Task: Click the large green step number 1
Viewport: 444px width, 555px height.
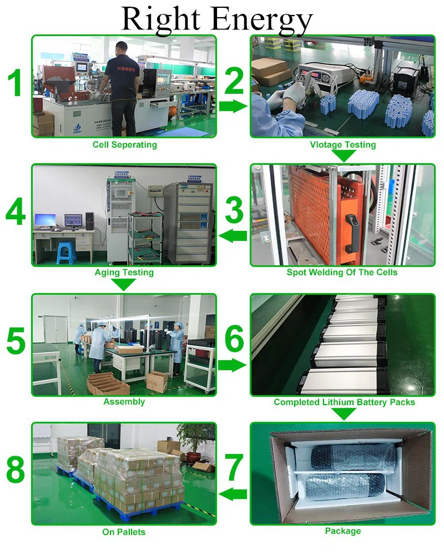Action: click(15, 84)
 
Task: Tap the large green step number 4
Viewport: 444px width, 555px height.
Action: click(16, 213)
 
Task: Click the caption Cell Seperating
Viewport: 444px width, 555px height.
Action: click(124, 145)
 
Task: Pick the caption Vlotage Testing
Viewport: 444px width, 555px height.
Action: click(343, 145)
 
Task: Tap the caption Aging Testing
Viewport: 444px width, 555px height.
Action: click(124, 273)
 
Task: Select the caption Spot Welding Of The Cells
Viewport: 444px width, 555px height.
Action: click(342, 273)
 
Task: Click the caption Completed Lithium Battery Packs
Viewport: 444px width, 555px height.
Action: click(344, 402)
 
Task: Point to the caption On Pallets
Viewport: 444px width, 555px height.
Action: click(124, 532)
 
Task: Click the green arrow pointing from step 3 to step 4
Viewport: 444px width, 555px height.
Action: click(233, 236)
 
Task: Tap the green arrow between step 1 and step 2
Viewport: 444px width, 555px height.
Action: click(233, 106)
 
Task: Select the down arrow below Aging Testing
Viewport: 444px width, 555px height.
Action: click(124, 284)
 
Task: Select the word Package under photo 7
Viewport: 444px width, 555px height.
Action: click(342, 531)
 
